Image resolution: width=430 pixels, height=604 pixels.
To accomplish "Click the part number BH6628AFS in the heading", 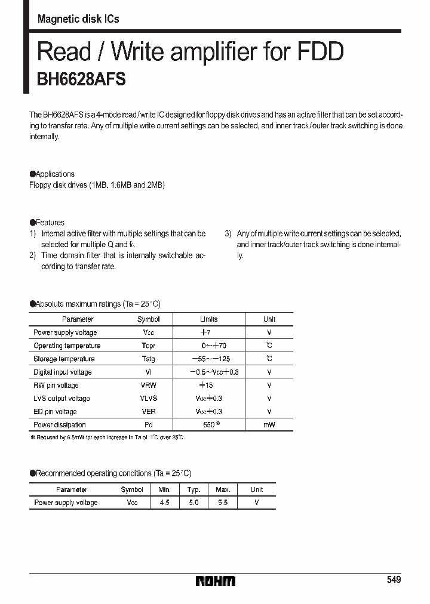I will point(81,81).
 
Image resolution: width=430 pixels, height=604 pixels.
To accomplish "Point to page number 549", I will point(394,580).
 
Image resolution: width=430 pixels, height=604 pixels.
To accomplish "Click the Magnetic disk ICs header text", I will point(78,19).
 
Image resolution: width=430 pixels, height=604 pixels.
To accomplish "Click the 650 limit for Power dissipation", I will point(207,425).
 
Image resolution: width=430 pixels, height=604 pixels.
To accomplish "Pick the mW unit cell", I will point(269,425).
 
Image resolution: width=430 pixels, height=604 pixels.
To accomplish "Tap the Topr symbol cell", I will point(148,346).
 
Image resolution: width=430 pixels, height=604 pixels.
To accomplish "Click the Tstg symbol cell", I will point(148,359).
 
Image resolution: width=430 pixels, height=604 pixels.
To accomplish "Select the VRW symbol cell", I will point(148,386).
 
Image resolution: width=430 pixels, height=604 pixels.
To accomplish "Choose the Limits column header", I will point(208,320).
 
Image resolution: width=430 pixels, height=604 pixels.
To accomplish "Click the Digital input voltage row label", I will point(63,372).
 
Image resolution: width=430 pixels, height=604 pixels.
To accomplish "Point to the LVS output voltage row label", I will point(62,399).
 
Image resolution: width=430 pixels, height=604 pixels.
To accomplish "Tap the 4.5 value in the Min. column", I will point(165,503).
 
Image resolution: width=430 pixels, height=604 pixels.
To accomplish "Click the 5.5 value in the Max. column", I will point(223,503).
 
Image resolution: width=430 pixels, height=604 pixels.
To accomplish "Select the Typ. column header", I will point(193,490).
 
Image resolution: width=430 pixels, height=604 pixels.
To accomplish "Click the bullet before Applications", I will point(32,174).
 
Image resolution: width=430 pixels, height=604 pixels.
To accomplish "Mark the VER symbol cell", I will point(148,412).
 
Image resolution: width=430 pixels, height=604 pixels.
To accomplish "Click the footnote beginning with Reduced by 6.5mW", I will point(108,438).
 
